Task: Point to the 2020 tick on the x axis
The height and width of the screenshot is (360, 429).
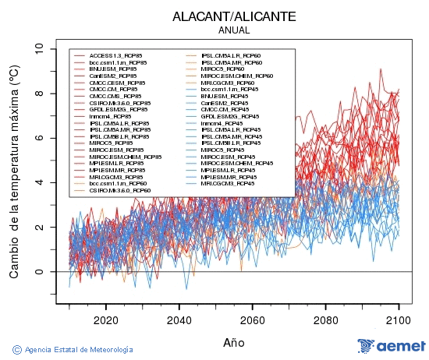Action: (105, 319)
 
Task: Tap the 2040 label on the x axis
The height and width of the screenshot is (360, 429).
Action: (179, 319)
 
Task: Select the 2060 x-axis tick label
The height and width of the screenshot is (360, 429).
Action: (252, 319)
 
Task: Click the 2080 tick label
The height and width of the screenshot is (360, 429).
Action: (325, 319)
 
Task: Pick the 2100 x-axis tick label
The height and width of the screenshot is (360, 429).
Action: (399, 319)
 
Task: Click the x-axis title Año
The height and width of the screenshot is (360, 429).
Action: (233, 341)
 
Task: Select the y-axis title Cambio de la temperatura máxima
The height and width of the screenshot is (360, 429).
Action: (14, 171)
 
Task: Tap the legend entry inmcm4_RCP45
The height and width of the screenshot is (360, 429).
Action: (222, 123)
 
